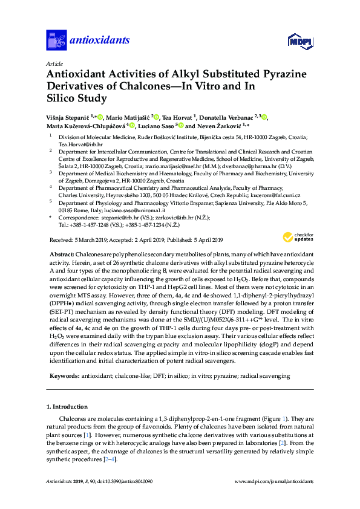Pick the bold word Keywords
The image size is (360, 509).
click(62, 375)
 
